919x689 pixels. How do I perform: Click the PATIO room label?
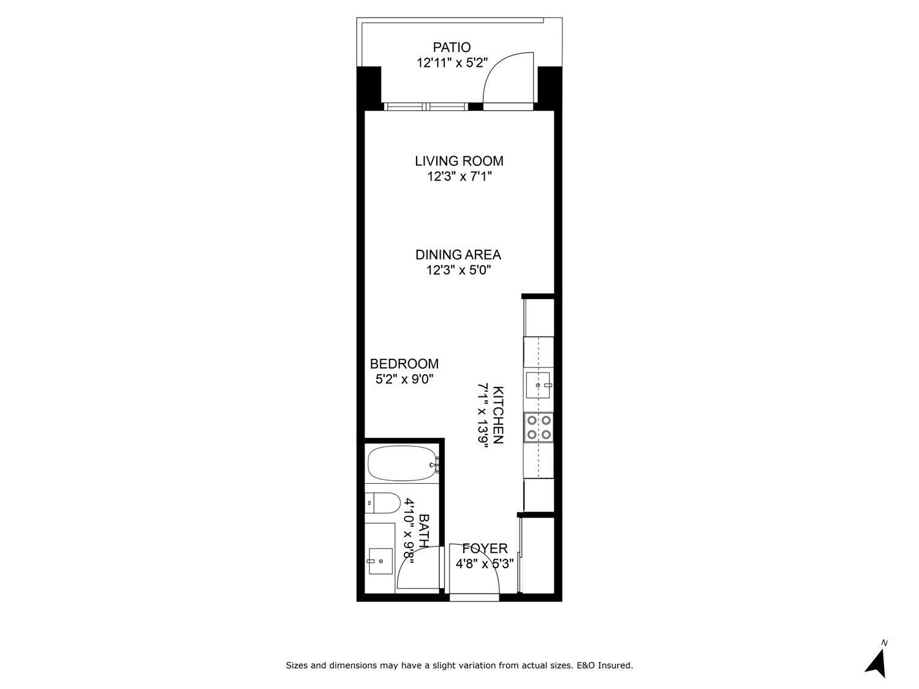(x=452, y=47)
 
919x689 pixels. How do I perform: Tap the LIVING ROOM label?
(x=459, y=161)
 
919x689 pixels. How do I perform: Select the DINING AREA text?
(x=458, y=255)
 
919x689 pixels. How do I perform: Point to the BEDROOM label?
(x=404, y=364)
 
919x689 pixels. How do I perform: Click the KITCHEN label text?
(x=498, y=415)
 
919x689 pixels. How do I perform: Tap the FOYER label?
(x=485, y=548)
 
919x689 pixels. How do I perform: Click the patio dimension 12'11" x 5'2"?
(x=452, y=62)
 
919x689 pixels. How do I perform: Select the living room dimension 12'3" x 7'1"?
(x=459, y=177)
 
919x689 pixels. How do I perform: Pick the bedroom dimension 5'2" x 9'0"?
(x=404, y=379)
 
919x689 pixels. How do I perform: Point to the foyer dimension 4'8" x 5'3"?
(x=485, y=564)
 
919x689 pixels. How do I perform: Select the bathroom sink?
(x=380, y=560)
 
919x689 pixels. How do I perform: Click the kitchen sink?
(x=539, y=385)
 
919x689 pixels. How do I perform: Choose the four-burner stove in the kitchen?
(x=539, y=427)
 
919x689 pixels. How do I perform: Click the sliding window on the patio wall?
(x=426, y=107)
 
